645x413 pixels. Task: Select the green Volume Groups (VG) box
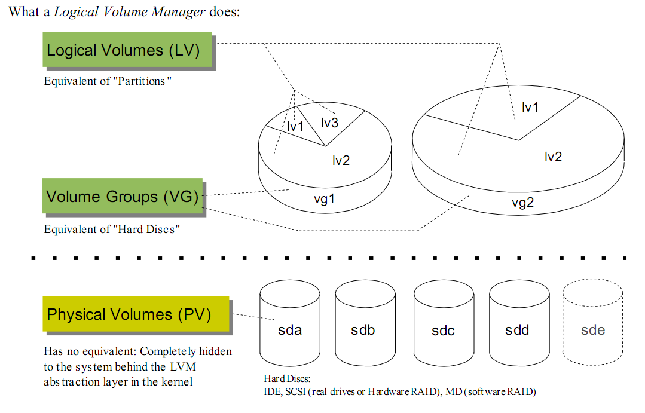click(x=123, y=196)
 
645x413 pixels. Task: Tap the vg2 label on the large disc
click(x=522, y=203)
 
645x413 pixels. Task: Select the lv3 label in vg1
click(x=329, y=123)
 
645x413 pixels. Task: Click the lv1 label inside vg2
click(x=530, y=108)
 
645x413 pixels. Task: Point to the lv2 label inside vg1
click(x=341, y=160)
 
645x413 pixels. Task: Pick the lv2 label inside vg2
click(x=553, y=157)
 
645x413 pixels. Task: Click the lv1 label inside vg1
click(x=295, y=127)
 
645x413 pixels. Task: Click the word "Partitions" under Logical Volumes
click(x=141, y=81)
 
